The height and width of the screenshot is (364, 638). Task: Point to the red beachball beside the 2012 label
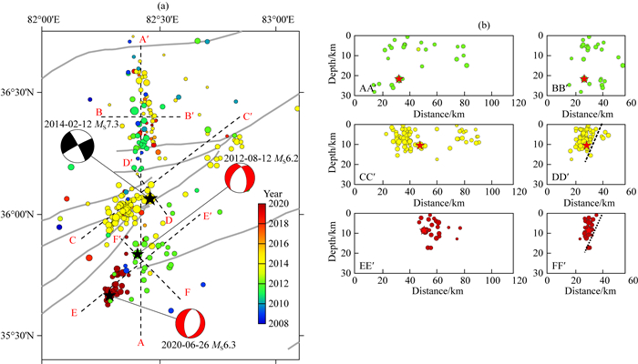[x=239, y=179]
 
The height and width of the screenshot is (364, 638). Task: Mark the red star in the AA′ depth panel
[x=399, y=80]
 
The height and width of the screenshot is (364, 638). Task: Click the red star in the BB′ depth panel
[x=584, y=79]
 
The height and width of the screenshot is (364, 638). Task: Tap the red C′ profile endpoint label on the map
[x=247, y=116]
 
